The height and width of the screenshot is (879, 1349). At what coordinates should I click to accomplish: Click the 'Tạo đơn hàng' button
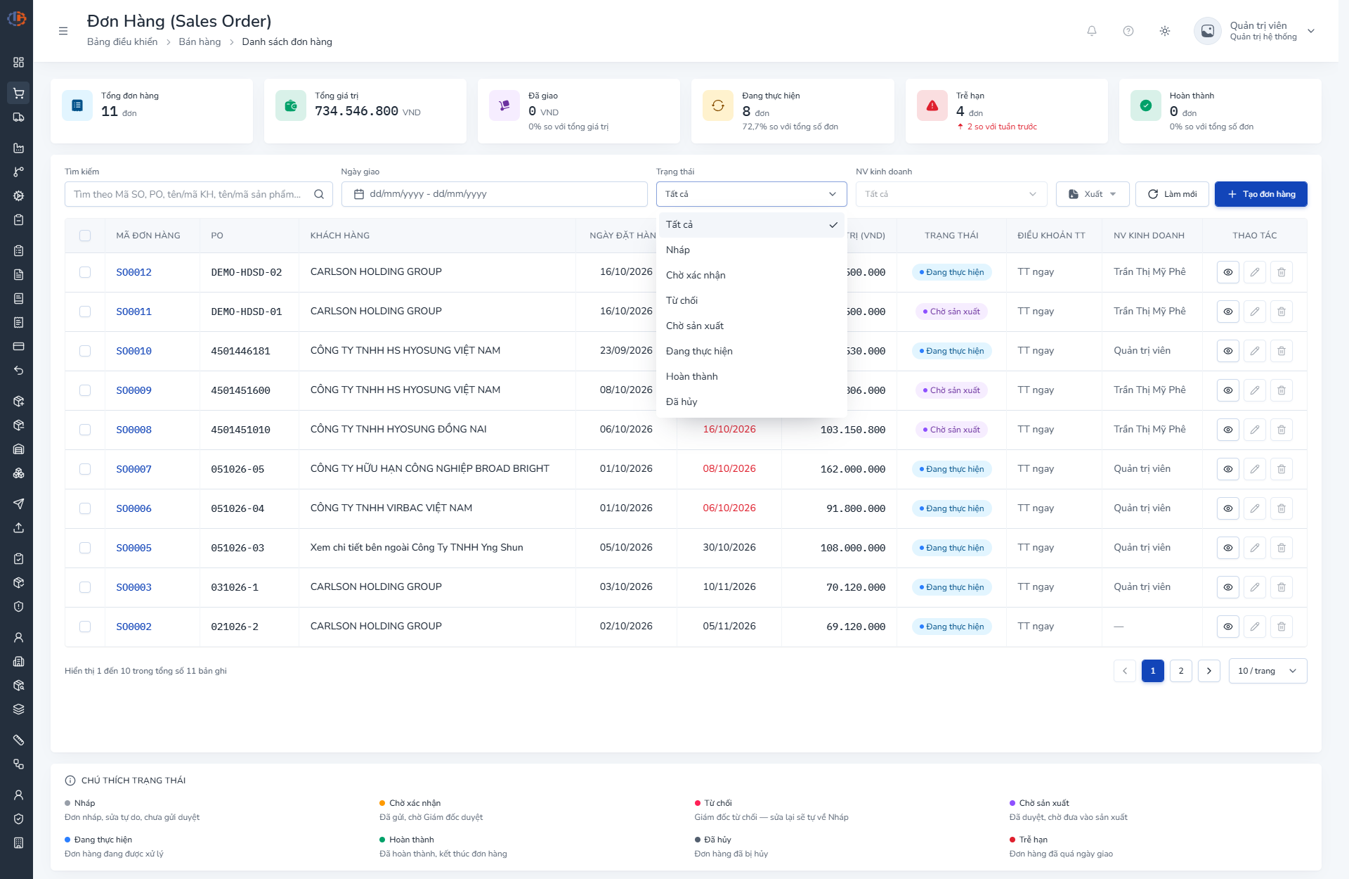1260,194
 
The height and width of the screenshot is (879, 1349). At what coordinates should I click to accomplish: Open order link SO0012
133,272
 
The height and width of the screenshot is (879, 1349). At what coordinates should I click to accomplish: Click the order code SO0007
133,469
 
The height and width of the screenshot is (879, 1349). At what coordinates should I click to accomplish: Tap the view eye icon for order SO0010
1227,351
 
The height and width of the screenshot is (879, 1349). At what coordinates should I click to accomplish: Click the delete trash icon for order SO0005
1281,548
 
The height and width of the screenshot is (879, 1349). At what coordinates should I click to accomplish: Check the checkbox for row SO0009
85,390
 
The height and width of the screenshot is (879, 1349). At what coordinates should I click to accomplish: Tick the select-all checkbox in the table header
85,236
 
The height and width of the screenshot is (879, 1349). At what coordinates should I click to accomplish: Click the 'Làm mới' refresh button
1172,194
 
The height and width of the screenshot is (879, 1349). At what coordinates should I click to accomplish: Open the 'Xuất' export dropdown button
1093,194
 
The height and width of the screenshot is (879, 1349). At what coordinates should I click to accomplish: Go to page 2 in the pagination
1181,671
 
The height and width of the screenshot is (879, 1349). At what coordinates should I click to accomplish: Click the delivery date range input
494,194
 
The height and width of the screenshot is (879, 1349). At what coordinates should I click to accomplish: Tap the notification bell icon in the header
1092,31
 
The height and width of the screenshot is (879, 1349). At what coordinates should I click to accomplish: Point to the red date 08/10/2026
729,469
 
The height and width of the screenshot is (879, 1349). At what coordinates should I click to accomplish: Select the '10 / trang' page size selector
1267,671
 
